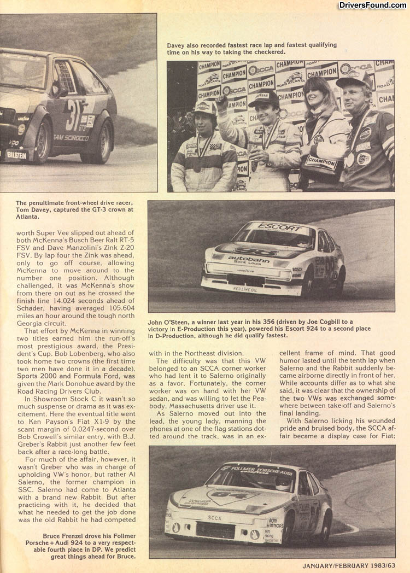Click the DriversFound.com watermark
point(372,5)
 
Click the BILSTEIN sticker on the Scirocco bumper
point(16,155)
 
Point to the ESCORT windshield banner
point(272,226)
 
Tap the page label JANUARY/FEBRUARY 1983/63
point(348,565)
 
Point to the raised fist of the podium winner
point(221,103)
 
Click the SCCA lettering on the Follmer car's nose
point(215,517)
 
